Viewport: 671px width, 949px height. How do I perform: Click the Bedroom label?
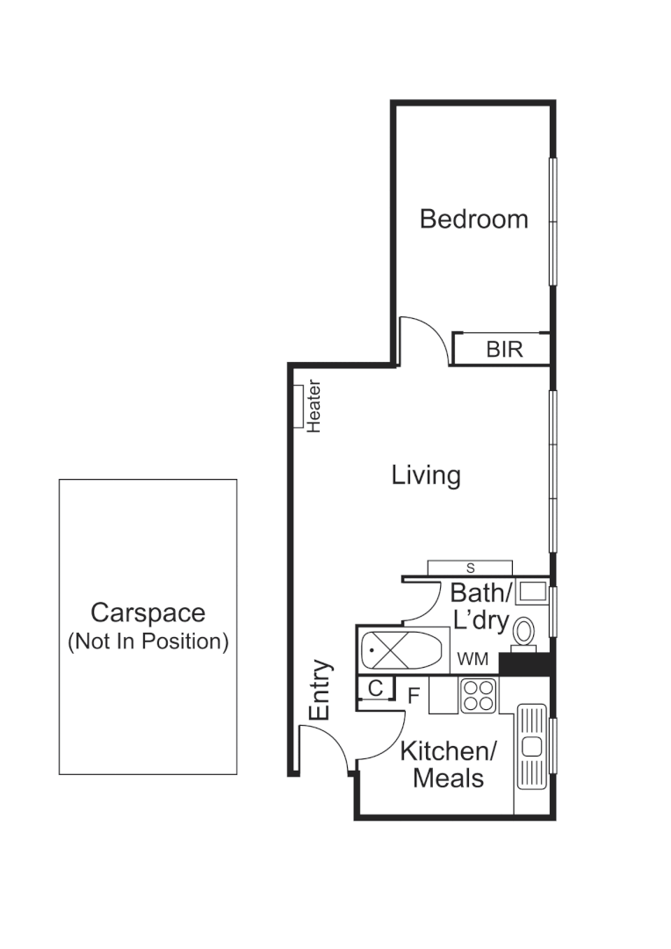(x=473, y=218)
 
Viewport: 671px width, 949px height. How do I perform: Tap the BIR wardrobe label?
(x=504, y=350)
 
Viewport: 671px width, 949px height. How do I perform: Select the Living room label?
(x=426, y=475)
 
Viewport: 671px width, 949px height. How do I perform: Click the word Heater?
(x=314, y=406)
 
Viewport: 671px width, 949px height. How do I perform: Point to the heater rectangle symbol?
(x=298, y=406)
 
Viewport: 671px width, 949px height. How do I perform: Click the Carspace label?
(x=148, y=612)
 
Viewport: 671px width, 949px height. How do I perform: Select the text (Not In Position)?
(x=148, y=641)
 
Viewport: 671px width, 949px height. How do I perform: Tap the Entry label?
(x=321, y=691)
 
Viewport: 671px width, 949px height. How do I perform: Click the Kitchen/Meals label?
(x=449, y=764)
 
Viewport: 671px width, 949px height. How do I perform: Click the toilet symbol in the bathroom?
(x=524, y=633)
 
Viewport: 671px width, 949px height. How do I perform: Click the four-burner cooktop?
(x=480, y=696)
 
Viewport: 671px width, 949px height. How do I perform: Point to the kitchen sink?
(x=532, y=745)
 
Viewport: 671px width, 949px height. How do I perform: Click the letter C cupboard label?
(x=374, y=688)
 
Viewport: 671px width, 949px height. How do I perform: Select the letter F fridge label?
(x=413, y=696)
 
